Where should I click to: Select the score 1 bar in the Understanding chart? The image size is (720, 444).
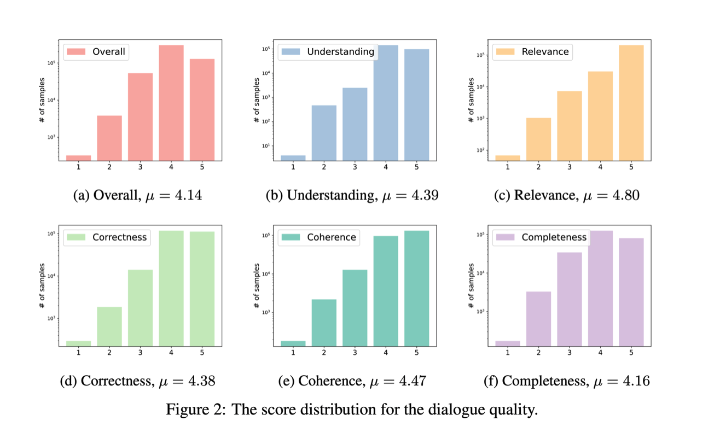click(x=293, y=157)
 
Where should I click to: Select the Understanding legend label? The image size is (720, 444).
click(x=340, y=52)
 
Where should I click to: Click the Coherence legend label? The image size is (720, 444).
click(x=332, y=237)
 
